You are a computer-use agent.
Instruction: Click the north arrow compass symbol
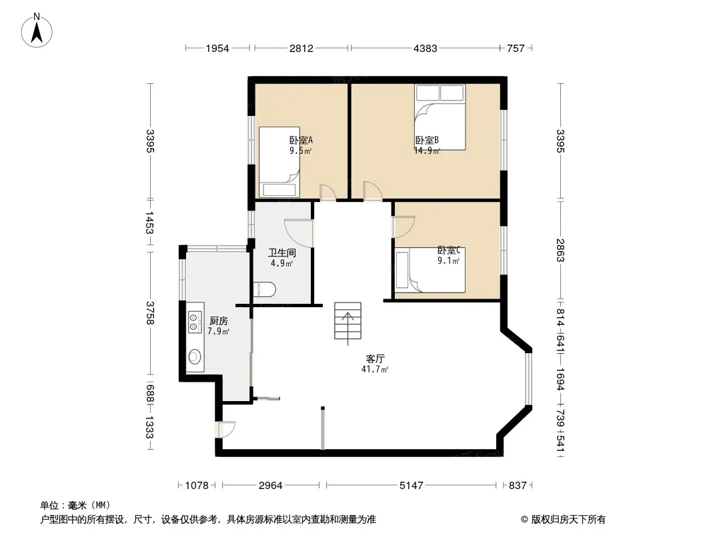tap(37, 31)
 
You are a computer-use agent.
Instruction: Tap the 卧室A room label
tap(301, 141)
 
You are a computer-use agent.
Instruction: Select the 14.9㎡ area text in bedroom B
tap(427, 151)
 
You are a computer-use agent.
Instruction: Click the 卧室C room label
tap(449, 250)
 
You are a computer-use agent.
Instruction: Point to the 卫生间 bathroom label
tap(281, 253)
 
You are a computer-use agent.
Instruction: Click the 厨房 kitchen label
tap(219, 321)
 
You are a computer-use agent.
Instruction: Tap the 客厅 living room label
tap(375, 358)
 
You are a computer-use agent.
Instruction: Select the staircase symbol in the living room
tap(347, 321)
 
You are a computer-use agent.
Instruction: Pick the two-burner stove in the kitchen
tap(195, 322)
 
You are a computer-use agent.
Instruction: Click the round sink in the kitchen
tap(195, 356)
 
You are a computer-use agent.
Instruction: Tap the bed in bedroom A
tap(279, 162)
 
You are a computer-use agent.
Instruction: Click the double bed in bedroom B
tap(440, 117)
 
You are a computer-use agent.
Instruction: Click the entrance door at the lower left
tap(226, 429)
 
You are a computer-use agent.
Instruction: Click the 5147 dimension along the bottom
tap(412, 486)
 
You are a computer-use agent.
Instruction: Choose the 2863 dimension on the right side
tap(560, 250)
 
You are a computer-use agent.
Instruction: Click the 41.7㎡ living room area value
tap(375, 369)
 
